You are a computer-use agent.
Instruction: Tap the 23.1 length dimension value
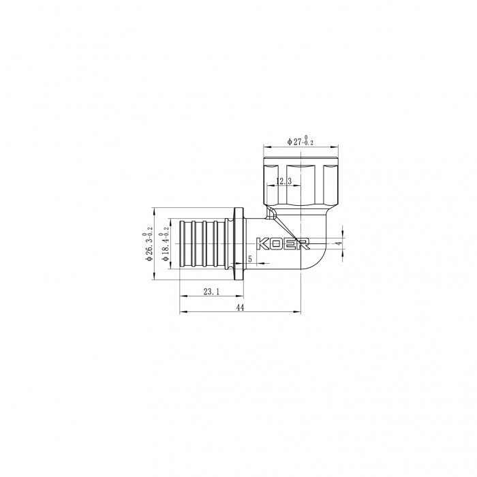click(x=211, y=291)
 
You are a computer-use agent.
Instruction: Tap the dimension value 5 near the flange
click(x=250, y=260)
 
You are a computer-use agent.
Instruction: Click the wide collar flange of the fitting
click(x=238, y=243)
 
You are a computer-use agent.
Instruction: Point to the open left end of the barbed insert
click(x=179, y=243)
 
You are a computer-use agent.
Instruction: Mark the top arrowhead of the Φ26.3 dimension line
click(x=155, y=209)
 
